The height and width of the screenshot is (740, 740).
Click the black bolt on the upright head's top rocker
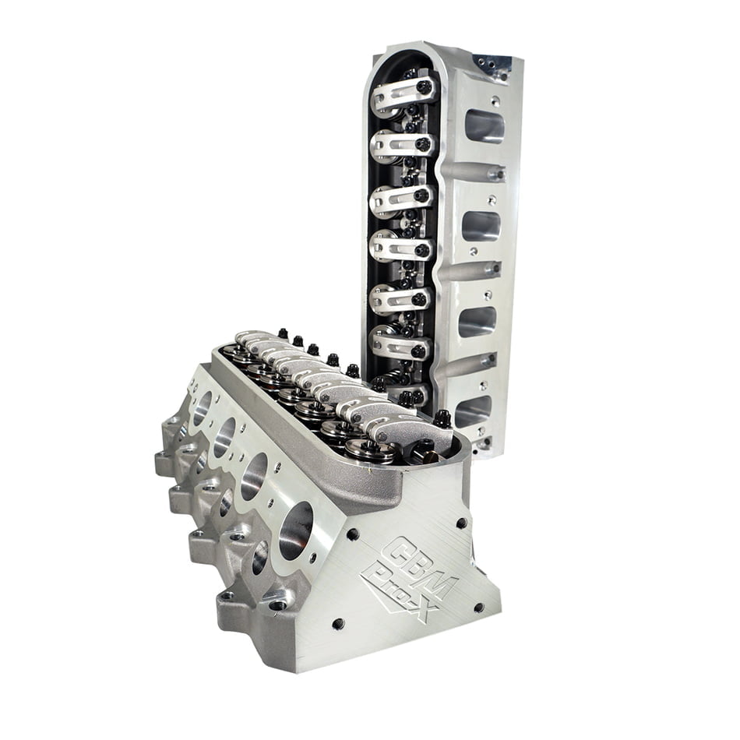click(x=424, y=87)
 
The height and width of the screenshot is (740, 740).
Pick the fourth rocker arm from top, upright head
click(x=400, y=247)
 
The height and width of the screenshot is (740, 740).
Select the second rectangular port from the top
click(x=481, y=226)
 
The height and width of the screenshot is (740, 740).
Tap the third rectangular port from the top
click(x=477, y=321)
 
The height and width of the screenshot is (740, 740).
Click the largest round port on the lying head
click(x=295, y=530)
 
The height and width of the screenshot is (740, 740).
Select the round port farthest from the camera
click(x=201, y=410)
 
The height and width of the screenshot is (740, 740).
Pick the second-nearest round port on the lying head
click(x=254, y=476)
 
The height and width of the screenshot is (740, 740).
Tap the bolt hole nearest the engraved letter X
click(x=477, y=607)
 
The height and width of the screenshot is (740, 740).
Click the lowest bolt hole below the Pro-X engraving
click(x=338, y=623)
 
